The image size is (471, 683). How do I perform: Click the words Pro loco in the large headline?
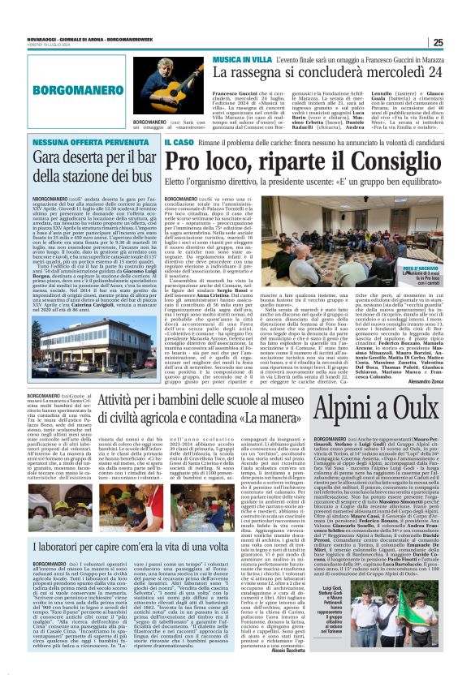(x=213, y=163)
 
